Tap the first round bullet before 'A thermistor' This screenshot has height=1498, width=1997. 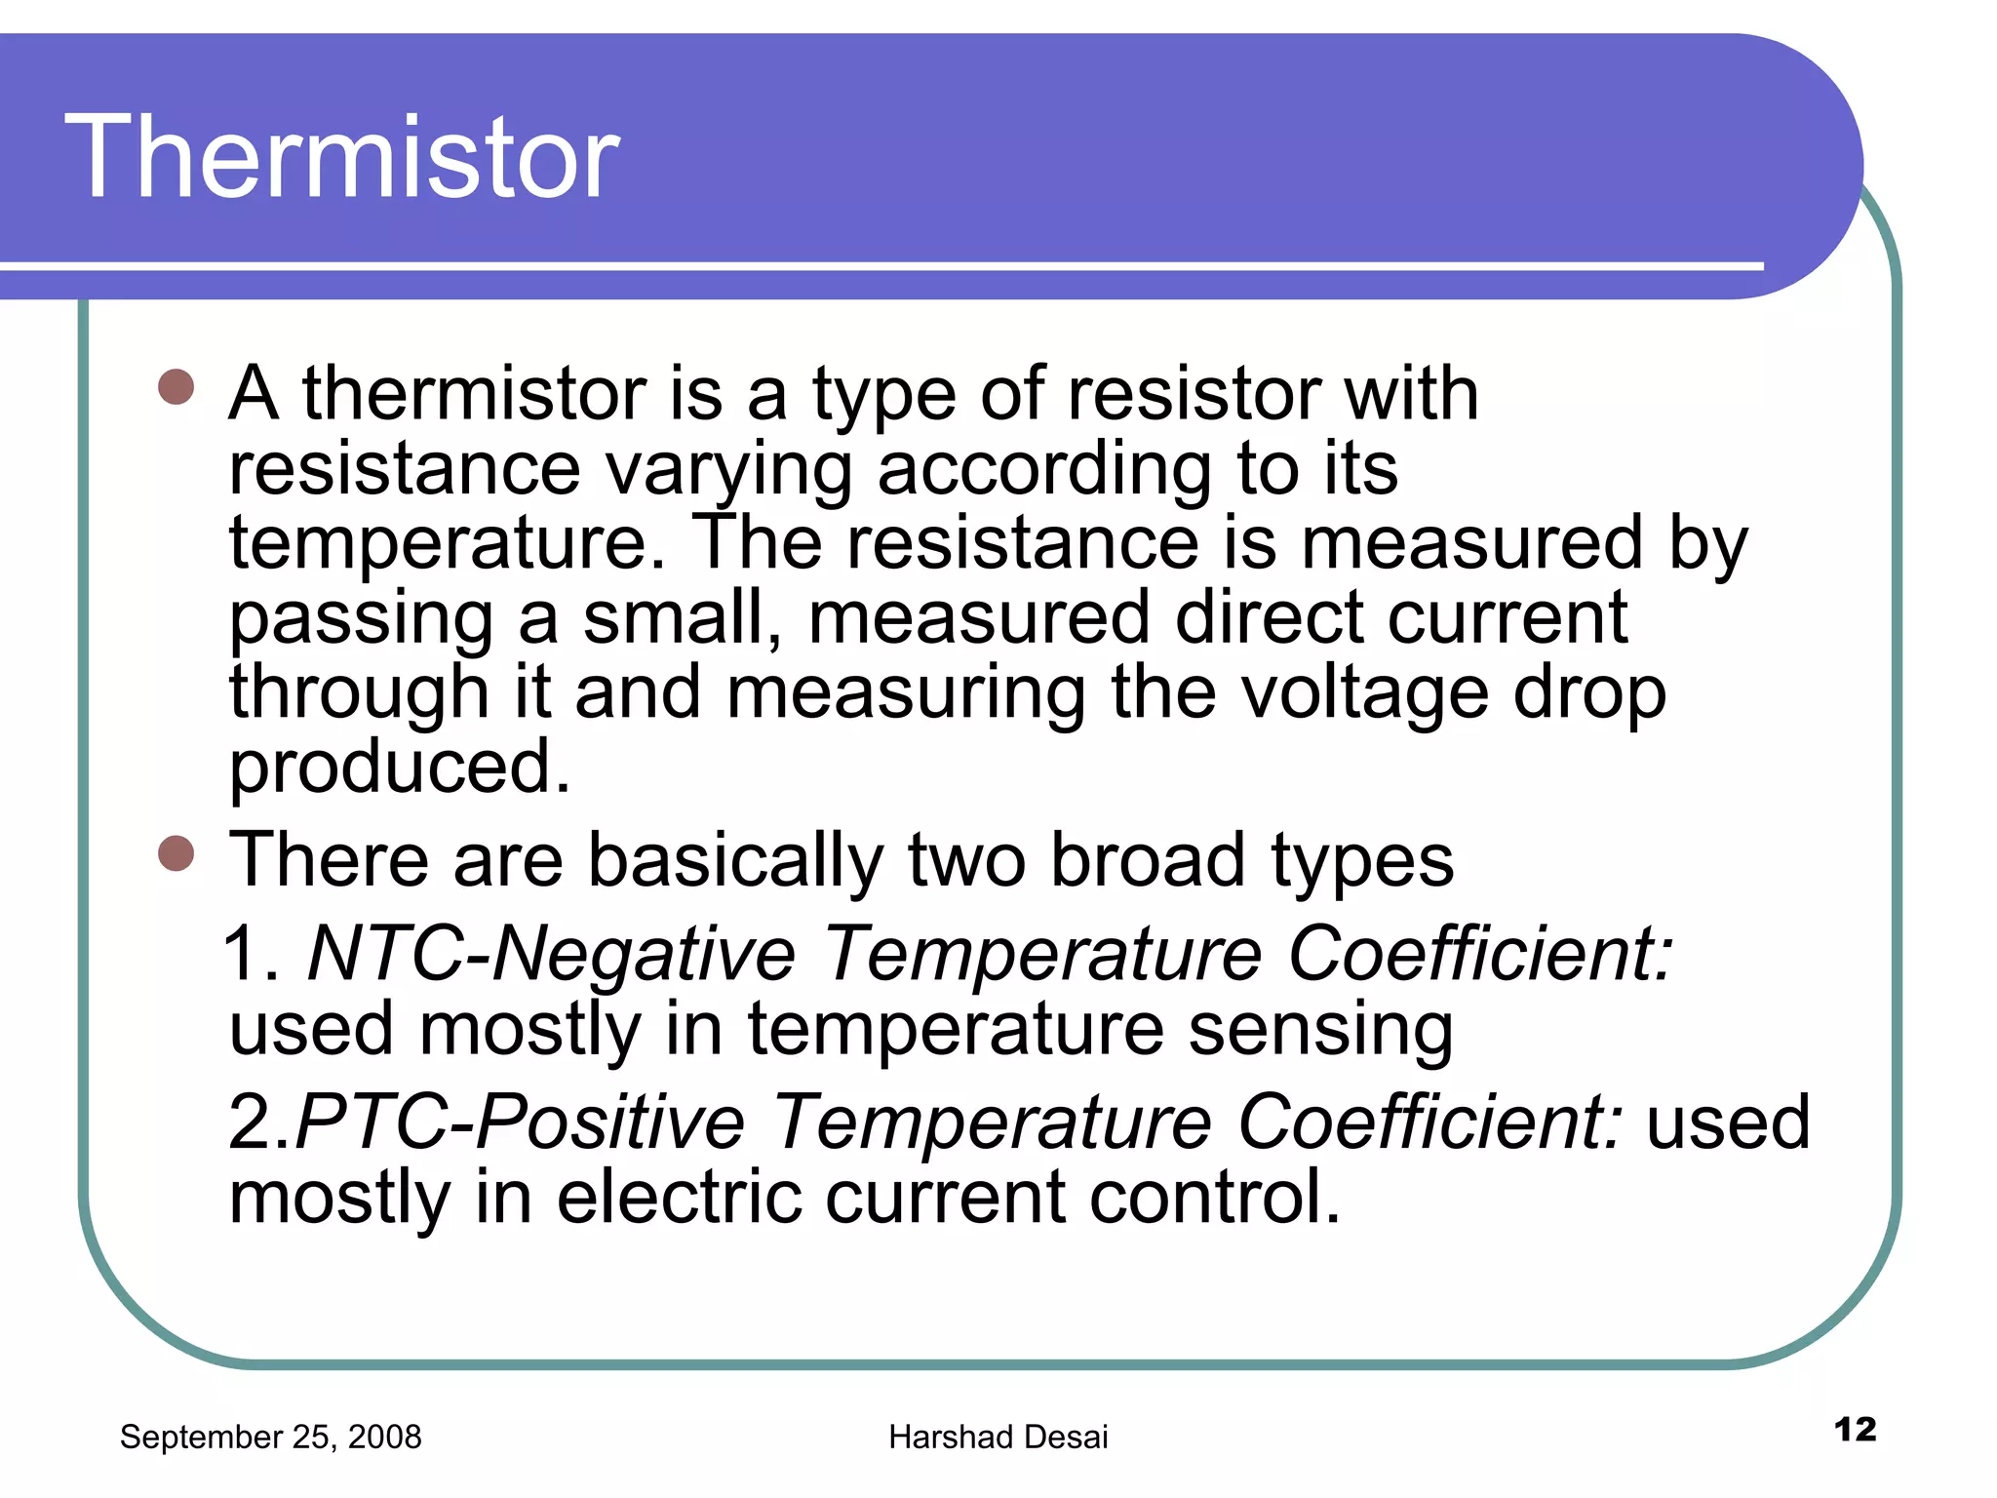(x=176, y=387)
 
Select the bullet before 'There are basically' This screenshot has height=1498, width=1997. (x=176, y=853)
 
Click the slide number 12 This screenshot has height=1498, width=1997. (x=1855, y=1430)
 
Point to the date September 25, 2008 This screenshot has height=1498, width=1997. (x=270, y=1437)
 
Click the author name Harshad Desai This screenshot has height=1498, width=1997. (x=998, y=1437)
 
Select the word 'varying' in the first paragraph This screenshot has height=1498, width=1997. (x=728, y=470)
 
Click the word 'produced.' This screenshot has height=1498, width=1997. (x=400, y=768)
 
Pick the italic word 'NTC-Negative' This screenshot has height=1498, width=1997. (x=552, y=954)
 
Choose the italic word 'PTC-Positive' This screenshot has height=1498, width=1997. (x=521, y=1123)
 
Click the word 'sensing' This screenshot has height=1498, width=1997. (x=1321, y=1031)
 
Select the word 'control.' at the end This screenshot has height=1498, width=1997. (x=1215, y=1198)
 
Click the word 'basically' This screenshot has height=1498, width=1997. (x=736, y=861)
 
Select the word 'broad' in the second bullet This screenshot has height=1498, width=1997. (x=1148, y=861)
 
